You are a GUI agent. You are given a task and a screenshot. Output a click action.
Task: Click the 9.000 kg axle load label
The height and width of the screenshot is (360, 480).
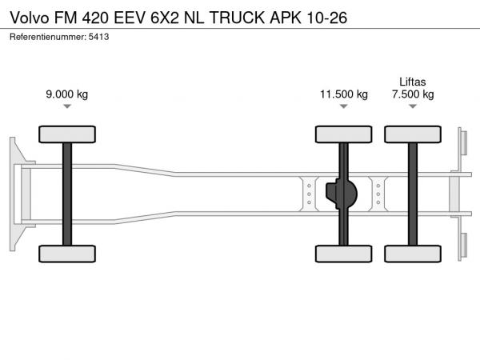click(x=66, y=94)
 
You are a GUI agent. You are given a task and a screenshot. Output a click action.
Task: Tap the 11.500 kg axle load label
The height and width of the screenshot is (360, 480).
click(x=343, y=94)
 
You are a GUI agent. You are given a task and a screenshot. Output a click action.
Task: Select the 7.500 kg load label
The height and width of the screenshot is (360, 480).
click(x=413, y=94)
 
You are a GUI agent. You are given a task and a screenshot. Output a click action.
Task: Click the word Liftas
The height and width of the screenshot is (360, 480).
click(x=413, y=81)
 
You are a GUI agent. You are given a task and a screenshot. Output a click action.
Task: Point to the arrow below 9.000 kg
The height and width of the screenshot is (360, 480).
click(x=66, y=107)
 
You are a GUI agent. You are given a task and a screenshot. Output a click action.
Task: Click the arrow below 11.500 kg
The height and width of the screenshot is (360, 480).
click(x=343, y=107)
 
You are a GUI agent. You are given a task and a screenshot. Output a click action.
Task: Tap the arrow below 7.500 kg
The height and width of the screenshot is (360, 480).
click(x=413, y=107)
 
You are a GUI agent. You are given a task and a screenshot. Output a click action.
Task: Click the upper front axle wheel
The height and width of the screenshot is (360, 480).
click(x=66, y=134)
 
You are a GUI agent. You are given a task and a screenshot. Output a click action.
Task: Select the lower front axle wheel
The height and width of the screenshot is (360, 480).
click(x=66, y=254)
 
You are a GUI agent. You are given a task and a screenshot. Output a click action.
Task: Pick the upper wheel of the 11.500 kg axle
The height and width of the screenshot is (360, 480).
click(x=343, y=134)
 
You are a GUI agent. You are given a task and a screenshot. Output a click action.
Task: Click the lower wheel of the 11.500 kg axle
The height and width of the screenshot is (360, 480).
click(x=343, y=254)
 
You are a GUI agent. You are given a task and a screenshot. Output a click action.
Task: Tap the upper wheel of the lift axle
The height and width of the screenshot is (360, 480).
click(x=413, y=134)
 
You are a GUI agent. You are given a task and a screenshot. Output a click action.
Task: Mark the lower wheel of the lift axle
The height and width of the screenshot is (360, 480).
click(x=413, y=254)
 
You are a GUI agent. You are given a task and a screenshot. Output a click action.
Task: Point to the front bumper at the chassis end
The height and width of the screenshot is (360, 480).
click(x=15, y=194)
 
